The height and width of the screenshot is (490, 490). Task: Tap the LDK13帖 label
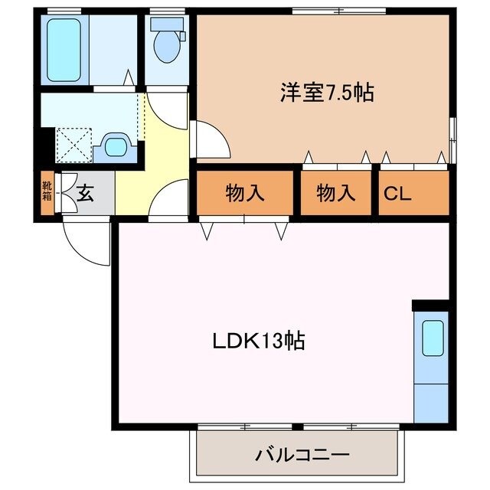tap(259, 341)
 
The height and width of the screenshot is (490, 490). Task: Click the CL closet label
tap(397, 194)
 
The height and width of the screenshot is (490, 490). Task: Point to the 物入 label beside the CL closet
tap(337, 194)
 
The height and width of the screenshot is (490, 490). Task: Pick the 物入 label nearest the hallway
tap(245, 194)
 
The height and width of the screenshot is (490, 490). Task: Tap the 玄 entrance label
tap(85, 194)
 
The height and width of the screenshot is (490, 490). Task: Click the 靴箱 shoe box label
tap(47, 191)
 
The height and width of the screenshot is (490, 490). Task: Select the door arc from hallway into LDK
tap(170, 198)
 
